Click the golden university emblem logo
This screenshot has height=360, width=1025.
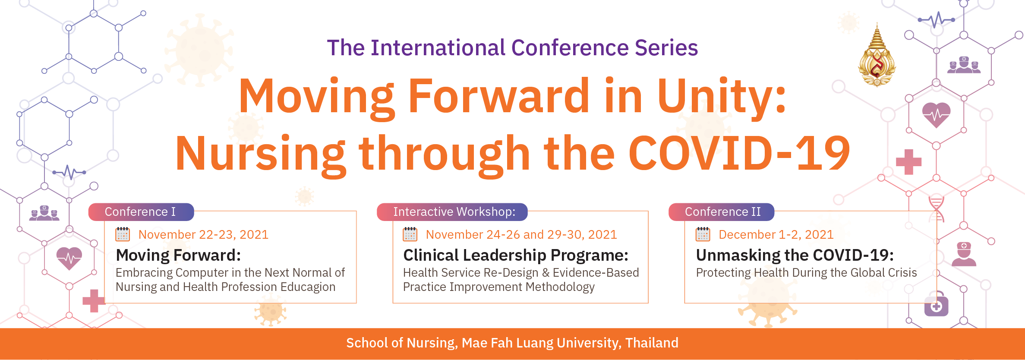(x=877, y=55)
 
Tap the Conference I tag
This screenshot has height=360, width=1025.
(x=141, y=212)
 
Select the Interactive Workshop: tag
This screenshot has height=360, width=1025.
(x=452, y=212)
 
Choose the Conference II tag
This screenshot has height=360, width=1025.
(x=721, y=212)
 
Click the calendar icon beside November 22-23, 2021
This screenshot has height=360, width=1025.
(x=123, y=234)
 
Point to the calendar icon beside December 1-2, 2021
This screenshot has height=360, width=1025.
(x=703, y=234)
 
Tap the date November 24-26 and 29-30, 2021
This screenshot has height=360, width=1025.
(x=521, y=234)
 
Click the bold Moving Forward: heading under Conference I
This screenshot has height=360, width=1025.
(x=178, y=255)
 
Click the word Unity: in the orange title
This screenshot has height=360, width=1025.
(x=722, y=97)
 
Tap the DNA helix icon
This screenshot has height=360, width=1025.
(x=937, y=209)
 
